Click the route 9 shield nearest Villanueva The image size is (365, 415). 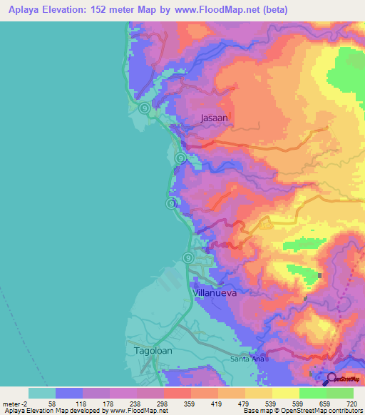pos(187,258)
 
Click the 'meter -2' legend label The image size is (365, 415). pos(15,403)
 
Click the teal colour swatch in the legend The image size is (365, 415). pos(42,393)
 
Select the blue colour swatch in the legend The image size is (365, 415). pos(69,393)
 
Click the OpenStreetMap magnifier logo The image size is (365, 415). pos(332,379)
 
